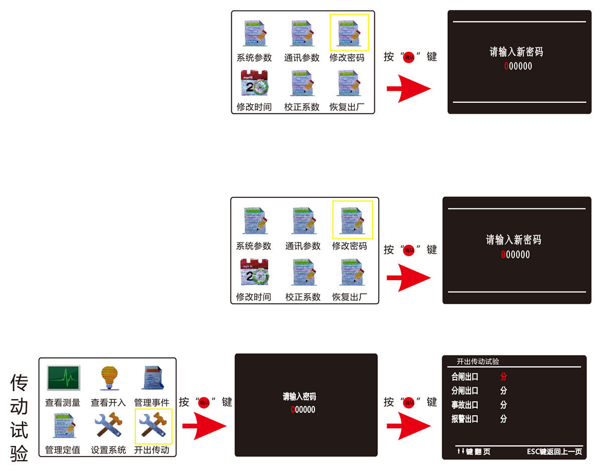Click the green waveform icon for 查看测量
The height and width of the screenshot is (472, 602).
63,378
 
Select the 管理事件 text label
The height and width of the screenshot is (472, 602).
152,402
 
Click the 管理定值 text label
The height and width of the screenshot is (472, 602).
63,449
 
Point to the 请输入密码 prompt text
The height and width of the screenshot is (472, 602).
299,397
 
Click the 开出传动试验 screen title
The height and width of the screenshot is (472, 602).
478,361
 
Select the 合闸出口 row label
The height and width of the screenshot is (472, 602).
465,376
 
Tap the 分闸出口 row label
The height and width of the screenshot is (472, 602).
465,390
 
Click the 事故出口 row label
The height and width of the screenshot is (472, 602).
465,405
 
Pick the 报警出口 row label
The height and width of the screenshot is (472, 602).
465,419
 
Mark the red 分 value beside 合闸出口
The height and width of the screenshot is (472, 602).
503,376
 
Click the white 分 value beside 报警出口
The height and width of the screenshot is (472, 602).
503,419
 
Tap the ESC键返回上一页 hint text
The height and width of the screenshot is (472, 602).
554,451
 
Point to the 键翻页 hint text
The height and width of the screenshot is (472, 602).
474,451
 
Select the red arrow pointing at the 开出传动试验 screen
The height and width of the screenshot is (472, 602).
408,426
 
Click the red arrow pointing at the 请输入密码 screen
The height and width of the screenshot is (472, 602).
204,426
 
